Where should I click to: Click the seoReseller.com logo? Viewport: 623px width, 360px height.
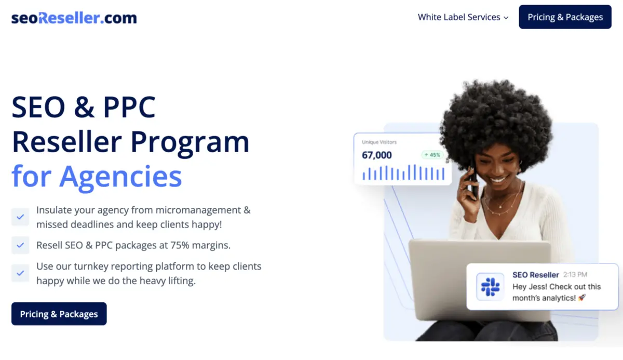74,18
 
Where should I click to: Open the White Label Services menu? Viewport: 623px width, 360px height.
463,17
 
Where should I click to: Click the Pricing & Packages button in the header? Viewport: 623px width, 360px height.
565,17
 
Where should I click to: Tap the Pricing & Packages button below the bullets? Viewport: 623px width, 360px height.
59,314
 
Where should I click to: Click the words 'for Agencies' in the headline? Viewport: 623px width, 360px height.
97,177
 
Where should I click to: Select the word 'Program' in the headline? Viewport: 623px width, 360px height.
189,143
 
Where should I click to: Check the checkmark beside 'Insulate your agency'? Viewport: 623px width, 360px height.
20,217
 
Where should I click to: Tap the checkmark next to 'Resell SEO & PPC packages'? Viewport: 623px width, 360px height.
20,245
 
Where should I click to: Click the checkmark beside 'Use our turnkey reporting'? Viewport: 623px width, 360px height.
20,273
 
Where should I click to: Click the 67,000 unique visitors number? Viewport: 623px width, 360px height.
376,155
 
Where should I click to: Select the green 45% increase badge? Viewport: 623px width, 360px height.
432,155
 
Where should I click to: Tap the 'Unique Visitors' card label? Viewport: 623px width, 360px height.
379,142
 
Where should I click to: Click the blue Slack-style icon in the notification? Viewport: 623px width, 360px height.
490,287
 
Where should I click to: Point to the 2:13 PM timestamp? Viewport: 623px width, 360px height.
575,275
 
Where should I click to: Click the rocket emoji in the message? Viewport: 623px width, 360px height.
582,298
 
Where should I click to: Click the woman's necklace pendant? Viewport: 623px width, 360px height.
500,206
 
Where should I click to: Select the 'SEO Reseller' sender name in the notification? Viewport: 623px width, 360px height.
536,275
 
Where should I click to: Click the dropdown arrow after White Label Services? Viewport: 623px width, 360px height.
506,18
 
